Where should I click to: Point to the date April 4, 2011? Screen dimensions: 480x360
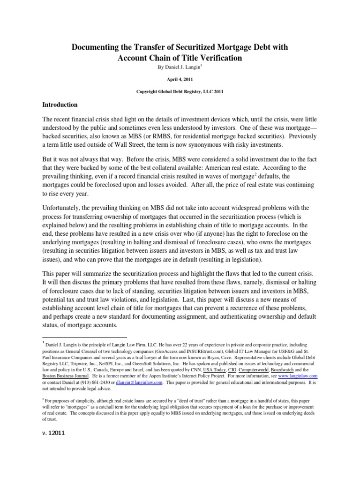pos(180,80)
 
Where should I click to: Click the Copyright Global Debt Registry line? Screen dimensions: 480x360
pos(180,92)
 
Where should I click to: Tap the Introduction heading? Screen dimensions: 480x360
pos(60,105)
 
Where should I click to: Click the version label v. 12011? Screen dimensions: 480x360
pos(53,433)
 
